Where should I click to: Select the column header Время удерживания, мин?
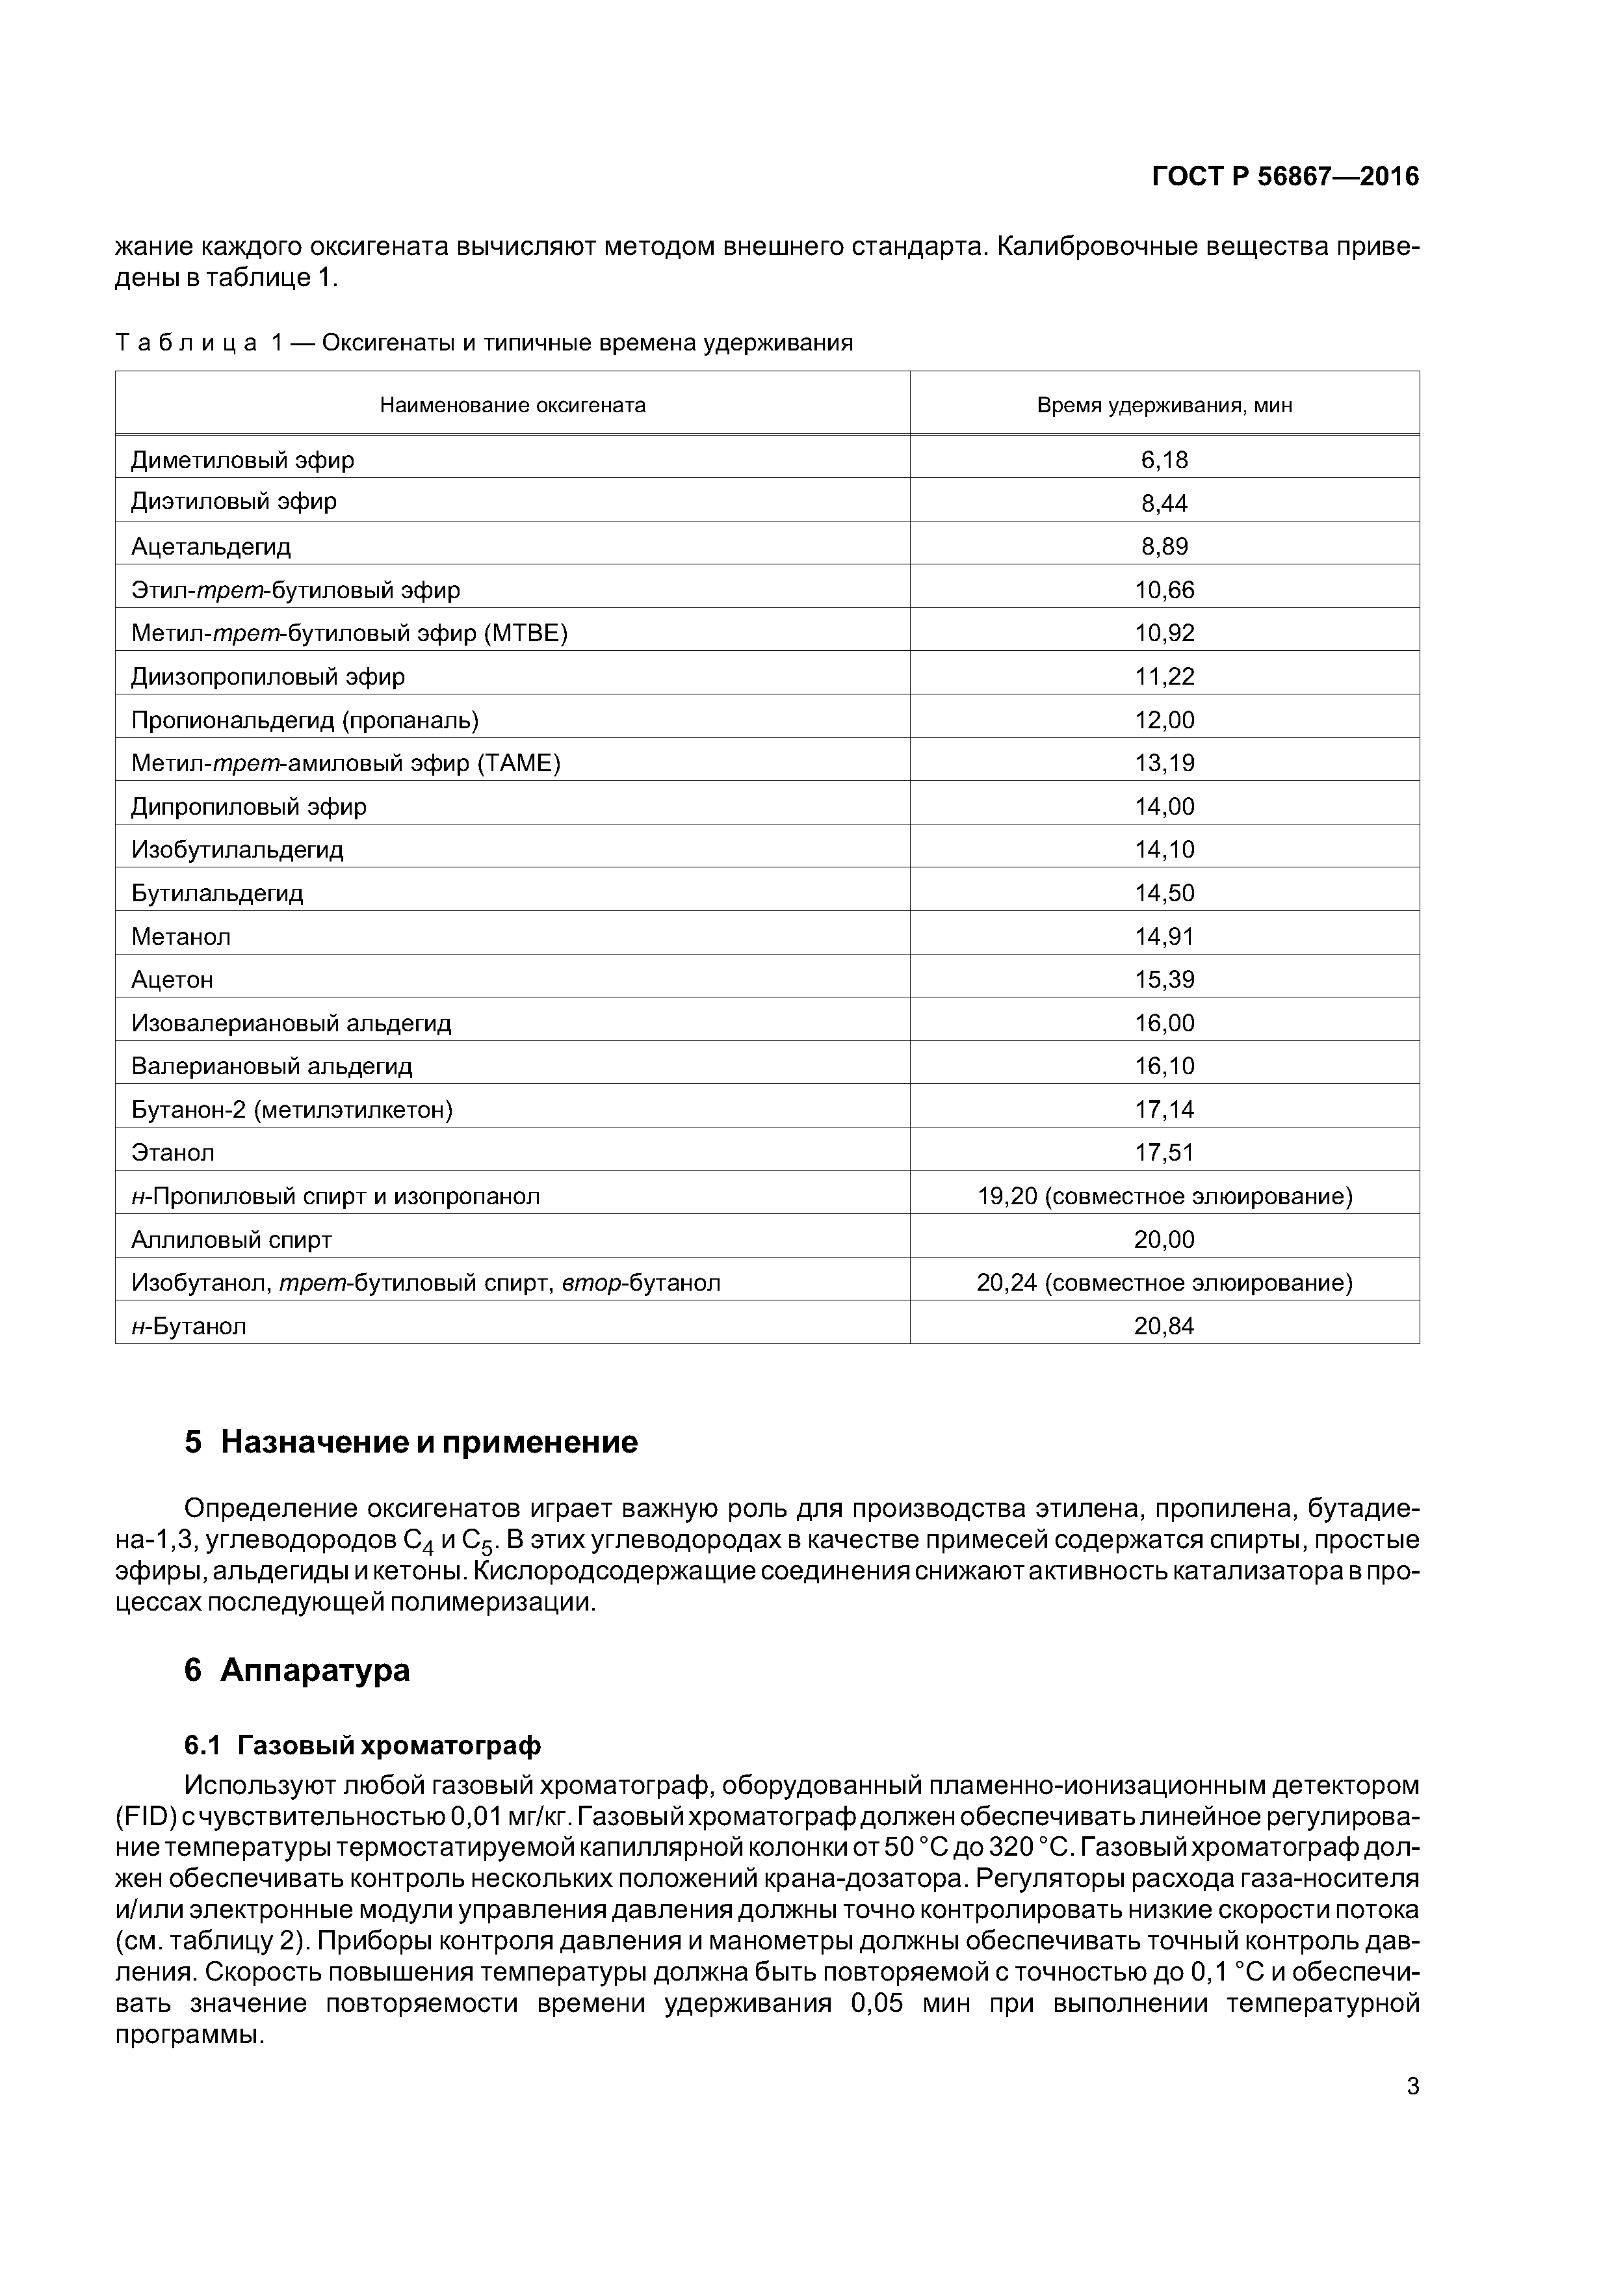[x=1164, y=405]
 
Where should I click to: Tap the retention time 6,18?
[x=1164, y=460]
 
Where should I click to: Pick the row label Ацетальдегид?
[x=211, y=546]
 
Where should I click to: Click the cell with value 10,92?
[x=1164, y=633]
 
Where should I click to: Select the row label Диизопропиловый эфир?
[x=268, y=676]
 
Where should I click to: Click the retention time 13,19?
[x=1164, y=763]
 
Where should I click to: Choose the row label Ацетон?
[x=172, y=979]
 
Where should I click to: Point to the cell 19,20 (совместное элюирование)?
[x=1164, y=1196]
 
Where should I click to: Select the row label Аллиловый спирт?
[x=231, y=1240]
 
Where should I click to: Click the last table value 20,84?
[x=1164, y=1326]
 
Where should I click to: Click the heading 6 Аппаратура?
[x=297, y=1670]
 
